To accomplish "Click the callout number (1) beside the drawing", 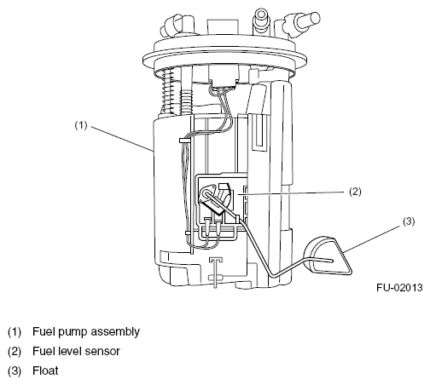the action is [x=81, y=125].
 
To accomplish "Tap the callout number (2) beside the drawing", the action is [x=355, y=192].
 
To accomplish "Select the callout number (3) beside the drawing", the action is [x=409, y=221].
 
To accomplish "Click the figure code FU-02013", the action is [x=399, y=288].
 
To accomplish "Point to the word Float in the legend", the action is [x=45, y=371].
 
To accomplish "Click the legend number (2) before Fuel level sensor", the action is [x=15, y=352].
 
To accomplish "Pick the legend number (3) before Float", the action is [x=15, y=371].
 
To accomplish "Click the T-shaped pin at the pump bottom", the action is [x=215, y=272].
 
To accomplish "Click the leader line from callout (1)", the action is [x=123, y=139].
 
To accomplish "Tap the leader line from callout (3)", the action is [x=372, y=239].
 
